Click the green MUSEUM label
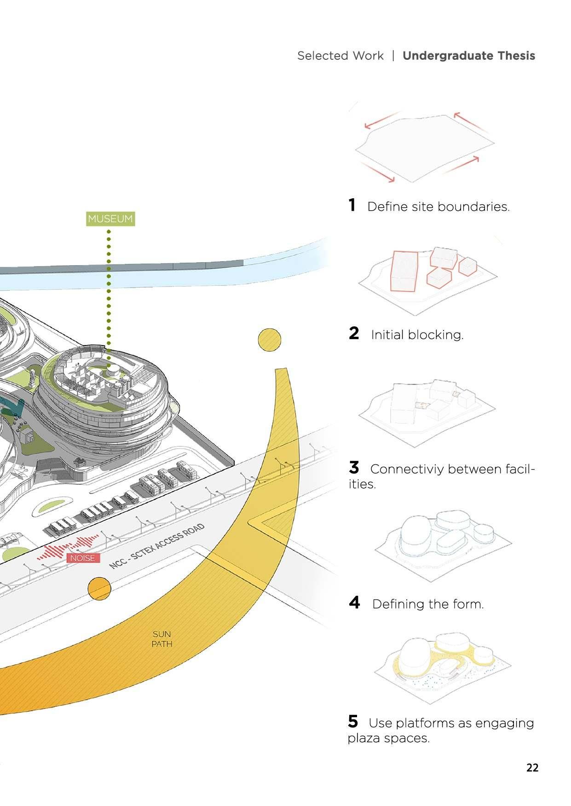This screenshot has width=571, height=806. (110, 219)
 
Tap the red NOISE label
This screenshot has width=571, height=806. (83, 558)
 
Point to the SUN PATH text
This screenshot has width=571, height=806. (161, 639)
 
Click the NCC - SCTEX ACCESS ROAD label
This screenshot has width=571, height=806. (157, 546)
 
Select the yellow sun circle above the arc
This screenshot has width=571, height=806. (270, 340)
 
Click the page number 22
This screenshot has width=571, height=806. (532, 767)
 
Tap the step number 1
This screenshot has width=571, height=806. (352, 205)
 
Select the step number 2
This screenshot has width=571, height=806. (354, 333)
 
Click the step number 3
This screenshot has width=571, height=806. (354, 468)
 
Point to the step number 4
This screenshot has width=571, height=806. (354, 602)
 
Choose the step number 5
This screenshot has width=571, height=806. (353, 721)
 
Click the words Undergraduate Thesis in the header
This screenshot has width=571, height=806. (468, 56)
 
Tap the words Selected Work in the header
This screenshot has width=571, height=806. (340, 56)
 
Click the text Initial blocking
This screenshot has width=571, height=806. (417, 334)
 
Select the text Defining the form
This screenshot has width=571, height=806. (428, 604)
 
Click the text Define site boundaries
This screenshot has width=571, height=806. (438, 207)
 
